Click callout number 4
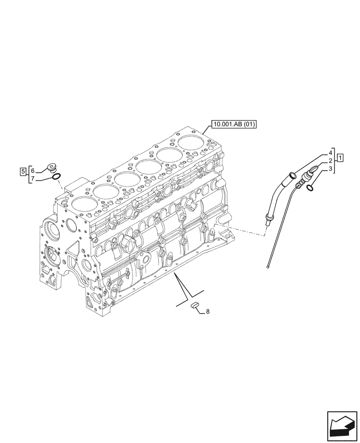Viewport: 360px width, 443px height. click(x=330, y=152)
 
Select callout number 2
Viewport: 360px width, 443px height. click(x=330, y=160)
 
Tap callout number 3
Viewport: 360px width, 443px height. click(x=330, y=169)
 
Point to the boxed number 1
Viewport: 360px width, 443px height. click(x=340, y=157)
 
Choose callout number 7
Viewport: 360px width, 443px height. click(x=32, y=179)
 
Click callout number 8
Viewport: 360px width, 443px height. click(x=207, y=312)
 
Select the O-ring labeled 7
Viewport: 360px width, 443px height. click(x=56, y=178)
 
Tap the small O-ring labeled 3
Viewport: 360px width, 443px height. click(x=310, y=188)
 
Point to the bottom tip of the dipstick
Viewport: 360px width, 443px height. click(x=269, y=266)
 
